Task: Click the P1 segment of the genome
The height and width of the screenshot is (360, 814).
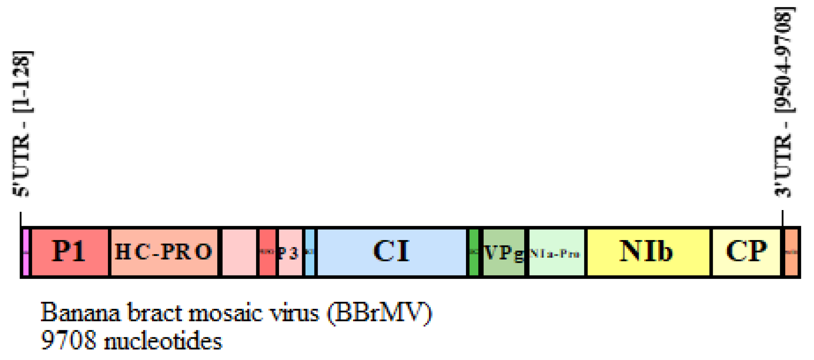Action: click(x=70, y=252)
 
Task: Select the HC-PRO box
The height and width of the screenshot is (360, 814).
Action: click(x=164, y=252)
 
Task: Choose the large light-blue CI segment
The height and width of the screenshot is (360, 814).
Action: click(x=391, y=252)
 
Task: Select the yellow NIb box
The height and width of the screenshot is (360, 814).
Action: click(x=648, y=252)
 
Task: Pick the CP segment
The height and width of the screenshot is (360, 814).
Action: click(x=746, y=252)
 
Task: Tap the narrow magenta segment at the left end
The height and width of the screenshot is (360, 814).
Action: click(x=26, y=252)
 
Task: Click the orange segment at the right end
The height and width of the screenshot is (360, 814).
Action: click(x=791, y=252)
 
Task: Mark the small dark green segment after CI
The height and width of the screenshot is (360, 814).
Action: click(x=473, y=252)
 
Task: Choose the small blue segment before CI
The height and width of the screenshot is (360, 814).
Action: click(x=309, y=252)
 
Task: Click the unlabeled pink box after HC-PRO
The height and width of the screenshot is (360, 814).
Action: click(x=239, y=252)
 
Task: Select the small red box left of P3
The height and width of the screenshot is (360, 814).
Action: click(x=267, y=252)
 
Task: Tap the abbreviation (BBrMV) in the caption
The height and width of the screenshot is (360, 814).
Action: click(x=379, y=313)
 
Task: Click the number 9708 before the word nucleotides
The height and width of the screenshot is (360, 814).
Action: click(x=68, y=341)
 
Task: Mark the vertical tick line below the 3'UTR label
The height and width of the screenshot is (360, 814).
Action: click(x=782, y=218)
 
